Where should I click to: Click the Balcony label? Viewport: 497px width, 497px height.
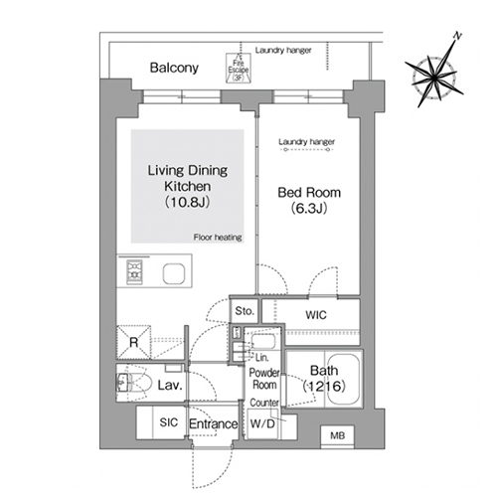tap(174, 68)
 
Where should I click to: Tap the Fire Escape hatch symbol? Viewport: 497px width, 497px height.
tap(239, 69)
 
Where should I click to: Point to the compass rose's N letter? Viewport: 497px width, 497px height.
tap(457, 36)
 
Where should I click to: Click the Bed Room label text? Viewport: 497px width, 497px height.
tap(309, 193)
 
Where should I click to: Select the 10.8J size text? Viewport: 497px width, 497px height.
tap(187, 202)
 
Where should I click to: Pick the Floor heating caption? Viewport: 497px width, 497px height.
tap(218, 238)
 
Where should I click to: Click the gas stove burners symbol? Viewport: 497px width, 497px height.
tap(134, 272)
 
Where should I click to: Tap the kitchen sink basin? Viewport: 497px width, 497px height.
tap(174, 273)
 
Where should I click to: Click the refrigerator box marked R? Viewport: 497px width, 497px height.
tap(133, 342)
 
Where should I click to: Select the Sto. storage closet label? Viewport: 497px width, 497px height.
tap(245, 311)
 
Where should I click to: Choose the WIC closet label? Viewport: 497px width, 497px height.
tap(316, 315)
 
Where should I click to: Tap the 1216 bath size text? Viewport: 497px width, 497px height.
tap(324, 386)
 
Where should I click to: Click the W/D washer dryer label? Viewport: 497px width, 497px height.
tap(262, 423)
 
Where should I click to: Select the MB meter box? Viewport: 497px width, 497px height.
tap(338, 436)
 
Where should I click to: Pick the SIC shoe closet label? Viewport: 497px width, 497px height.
tap(169, 422)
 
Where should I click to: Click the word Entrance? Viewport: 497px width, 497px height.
tap(214, 423)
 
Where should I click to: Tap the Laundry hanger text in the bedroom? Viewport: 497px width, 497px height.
tap(306, 142)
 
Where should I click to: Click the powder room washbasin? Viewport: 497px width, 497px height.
tap(263, 342)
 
